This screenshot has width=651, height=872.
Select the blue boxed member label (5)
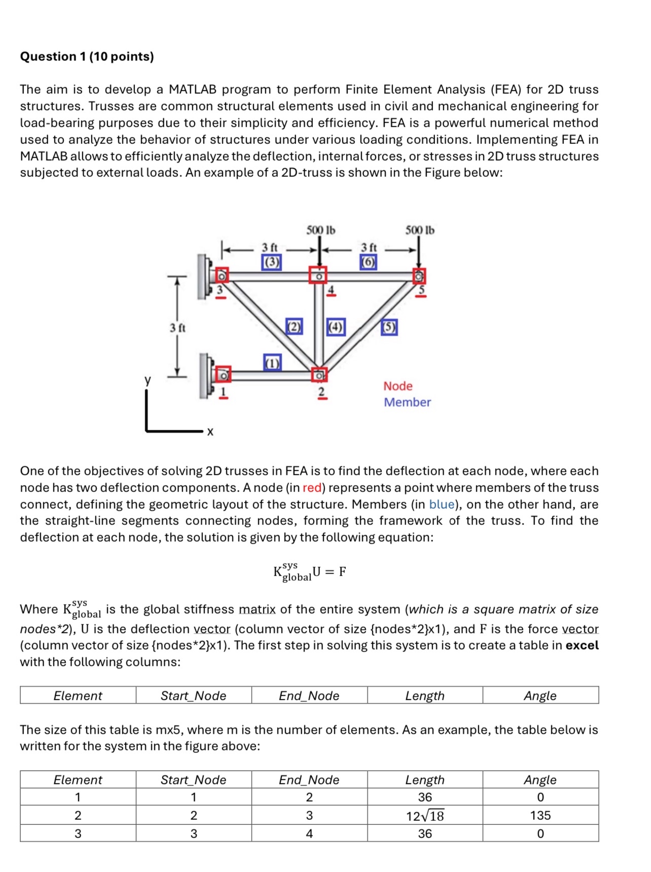389,327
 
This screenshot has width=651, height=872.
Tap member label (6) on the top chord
369,262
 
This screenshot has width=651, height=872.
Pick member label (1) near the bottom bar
272,363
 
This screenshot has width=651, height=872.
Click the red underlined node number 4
331,290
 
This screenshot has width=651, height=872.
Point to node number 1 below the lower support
222,392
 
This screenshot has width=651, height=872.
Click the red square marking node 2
319,375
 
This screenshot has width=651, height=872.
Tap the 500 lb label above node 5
420,230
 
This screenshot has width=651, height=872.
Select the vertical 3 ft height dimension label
177,328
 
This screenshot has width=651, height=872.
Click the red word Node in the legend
397,386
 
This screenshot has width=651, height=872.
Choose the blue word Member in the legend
407,402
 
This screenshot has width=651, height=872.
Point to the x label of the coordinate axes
210,432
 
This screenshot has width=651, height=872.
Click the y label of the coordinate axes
148,380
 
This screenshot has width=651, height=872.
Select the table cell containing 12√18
425,816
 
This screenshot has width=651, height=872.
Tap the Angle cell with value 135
540,815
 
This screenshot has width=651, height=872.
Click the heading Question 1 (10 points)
87,56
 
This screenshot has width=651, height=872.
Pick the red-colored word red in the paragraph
312,487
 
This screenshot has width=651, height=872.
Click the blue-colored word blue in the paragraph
442,504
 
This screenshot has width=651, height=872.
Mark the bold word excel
582,645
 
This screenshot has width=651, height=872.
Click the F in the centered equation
343,572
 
